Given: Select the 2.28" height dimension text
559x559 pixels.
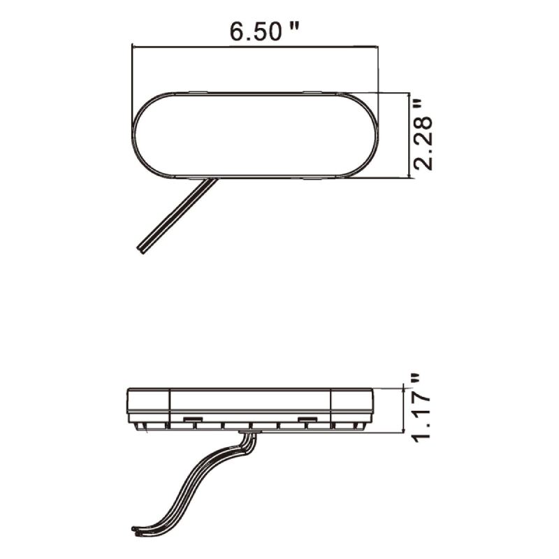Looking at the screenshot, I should coord(423,135).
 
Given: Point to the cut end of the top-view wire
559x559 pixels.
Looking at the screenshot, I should coord(142,247).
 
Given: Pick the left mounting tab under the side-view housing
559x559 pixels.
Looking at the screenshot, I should coord(189,419).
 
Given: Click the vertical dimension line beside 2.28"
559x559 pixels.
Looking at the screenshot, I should coord(407,134).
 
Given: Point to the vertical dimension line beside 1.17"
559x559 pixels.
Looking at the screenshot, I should coord(405,410).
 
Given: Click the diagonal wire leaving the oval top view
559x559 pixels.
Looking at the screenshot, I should coord(178,212).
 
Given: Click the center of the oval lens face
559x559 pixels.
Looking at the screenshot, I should coord(255,134).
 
